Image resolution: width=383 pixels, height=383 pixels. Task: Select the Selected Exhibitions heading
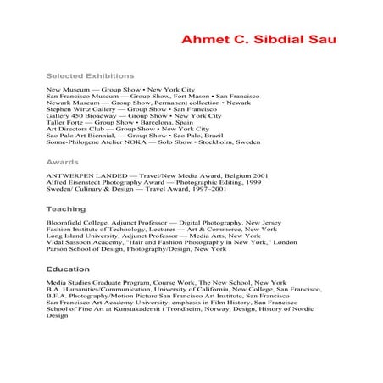(x=91, y=75)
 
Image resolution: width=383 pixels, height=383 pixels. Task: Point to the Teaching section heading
(x=66, y=208)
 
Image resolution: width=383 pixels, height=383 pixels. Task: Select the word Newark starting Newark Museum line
(x=58, y=103)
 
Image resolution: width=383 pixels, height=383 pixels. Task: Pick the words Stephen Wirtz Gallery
(x=79, y=110)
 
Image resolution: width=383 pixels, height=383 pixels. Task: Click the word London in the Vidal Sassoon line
(x=284, y=242)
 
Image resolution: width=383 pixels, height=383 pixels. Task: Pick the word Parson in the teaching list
(x=57, y=249)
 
